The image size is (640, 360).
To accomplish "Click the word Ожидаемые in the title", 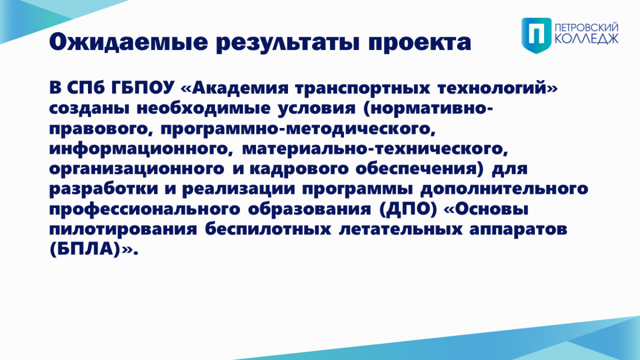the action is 129,43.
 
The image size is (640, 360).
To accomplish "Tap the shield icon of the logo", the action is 537,35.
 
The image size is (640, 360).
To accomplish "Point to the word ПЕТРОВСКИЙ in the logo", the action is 587,28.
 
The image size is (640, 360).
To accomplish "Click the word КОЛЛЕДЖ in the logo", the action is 587,39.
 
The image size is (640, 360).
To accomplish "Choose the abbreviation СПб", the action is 86,87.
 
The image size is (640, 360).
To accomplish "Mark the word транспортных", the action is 362,89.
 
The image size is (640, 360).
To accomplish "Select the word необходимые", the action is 203,108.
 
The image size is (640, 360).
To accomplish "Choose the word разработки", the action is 103,189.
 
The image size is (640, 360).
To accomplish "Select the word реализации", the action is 238,189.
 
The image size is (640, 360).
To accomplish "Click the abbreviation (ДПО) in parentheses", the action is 408,210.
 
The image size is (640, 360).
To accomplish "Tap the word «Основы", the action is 486,209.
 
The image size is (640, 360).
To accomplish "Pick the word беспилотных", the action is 268,229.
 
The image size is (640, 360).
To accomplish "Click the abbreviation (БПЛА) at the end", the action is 85,250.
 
